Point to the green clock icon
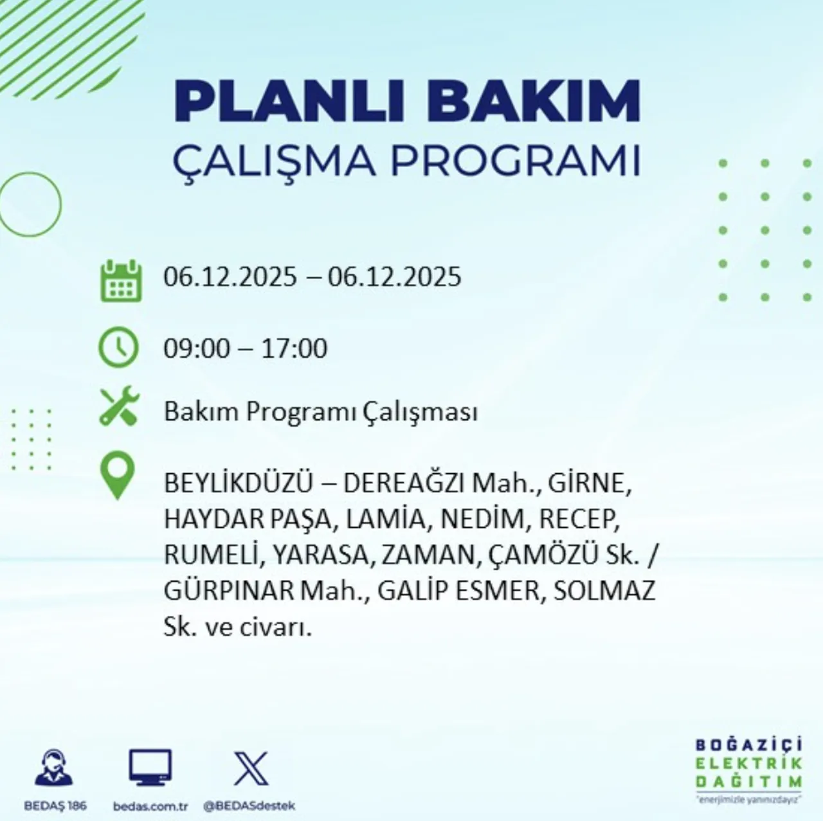point(118,347)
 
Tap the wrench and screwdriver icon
point(120,406)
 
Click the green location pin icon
point(118,475)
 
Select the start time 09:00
point(196,348)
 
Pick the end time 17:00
point(294,348)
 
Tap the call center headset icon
point(54,768)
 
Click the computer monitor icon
point(150,768)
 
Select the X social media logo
point(251,768)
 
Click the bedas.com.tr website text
point(150,806)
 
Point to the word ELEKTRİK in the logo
point(749,764)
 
